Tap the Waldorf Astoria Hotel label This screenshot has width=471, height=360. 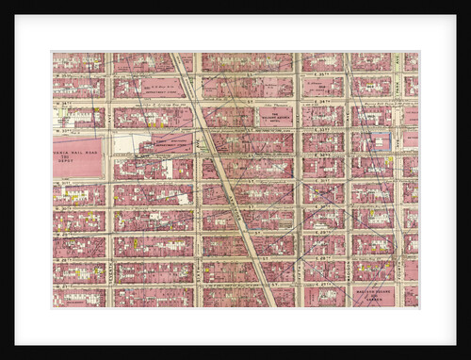tap(277, 115)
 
